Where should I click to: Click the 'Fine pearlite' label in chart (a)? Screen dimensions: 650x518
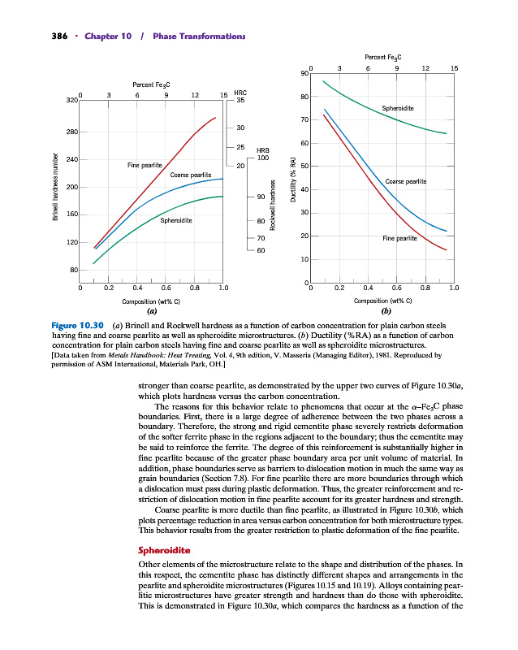pos(145,165)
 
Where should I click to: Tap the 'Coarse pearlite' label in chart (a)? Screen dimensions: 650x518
pos(190,175)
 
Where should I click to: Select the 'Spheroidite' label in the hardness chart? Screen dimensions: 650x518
pos(175,220)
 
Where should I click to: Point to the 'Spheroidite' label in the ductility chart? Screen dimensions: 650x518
pos(397,108)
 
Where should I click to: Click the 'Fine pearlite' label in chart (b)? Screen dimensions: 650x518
pos(399,239)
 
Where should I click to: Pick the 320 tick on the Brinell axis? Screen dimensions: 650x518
pos(71,101)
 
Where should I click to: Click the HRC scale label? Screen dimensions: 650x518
pos(240,93)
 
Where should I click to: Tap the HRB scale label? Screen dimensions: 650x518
pos(262,149)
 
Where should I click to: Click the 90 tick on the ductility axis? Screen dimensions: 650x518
pos(304,74)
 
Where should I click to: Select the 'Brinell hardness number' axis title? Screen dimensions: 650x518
pos(55,187)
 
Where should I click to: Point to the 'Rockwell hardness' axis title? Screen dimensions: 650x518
pos(274,205)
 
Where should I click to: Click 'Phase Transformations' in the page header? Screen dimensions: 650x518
pos(198,36)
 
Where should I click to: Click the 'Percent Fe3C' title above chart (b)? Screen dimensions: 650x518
pos(383,58)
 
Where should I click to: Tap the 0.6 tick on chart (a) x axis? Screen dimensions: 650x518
pos(166,287)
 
